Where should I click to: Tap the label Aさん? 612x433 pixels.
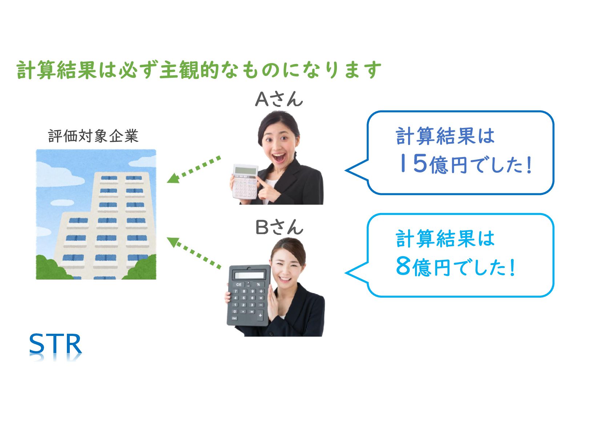279,99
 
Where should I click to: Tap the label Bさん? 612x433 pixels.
279,228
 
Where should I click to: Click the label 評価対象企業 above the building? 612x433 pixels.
93,136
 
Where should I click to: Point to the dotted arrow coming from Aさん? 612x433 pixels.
194,169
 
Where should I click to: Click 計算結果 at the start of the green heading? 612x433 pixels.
56,70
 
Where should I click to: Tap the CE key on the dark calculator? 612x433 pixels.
239,284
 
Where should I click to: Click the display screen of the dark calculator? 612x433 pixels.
249,275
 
